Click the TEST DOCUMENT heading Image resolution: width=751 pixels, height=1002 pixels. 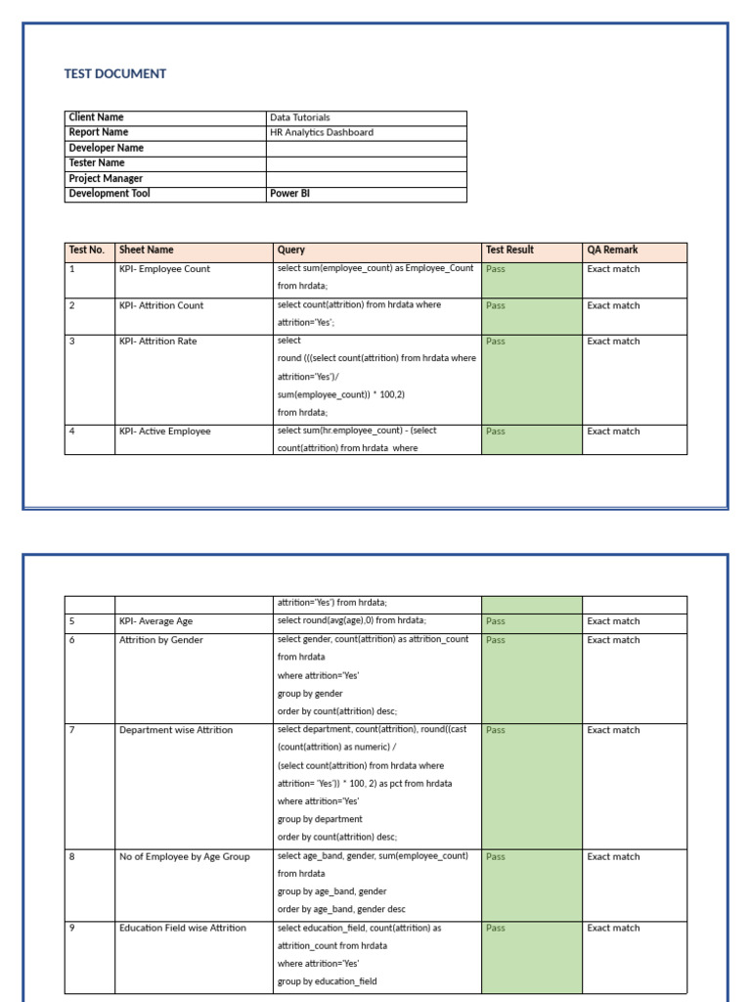click(115, 73)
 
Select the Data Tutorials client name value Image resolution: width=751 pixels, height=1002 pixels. click(300, 117)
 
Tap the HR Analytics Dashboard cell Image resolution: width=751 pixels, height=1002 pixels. click(322, 132)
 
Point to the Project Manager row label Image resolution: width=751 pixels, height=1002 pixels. click(106, 178)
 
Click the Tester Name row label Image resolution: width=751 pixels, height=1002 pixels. click(97, 162)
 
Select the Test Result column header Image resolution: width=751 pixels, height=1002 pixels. click(509, 250)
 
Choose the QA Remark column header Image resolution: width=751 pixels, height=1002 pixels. click(612, 250)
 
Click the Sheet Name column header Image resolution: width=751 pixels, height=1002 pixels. click(146, 250)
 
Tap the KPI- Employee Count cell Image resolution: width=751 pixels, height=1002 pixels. click(164, 269)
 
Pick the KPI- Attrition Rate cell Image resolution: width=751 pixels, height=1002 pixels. click(157, 342)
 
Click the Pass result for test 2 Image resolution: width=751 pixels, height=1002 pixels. click(496, 305)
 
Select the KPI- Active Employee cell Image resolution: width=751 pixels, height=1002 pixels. click(164, 432)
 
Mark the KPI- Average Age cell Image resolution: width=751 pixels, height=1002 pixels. click(155, 621)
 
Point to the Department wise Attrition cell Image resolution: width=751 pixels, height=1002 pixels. click(176, 730)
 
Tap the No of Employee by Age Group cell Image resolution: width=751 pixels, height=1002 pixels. click(184, 857)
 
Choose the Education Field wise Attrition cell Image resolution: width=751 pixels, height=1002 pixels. click(183, 928)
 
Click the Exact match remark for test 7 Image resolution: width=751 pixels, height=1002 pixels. click(613, 730)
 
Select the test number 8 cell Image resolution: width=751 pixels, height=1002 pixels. click(72, 857)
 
